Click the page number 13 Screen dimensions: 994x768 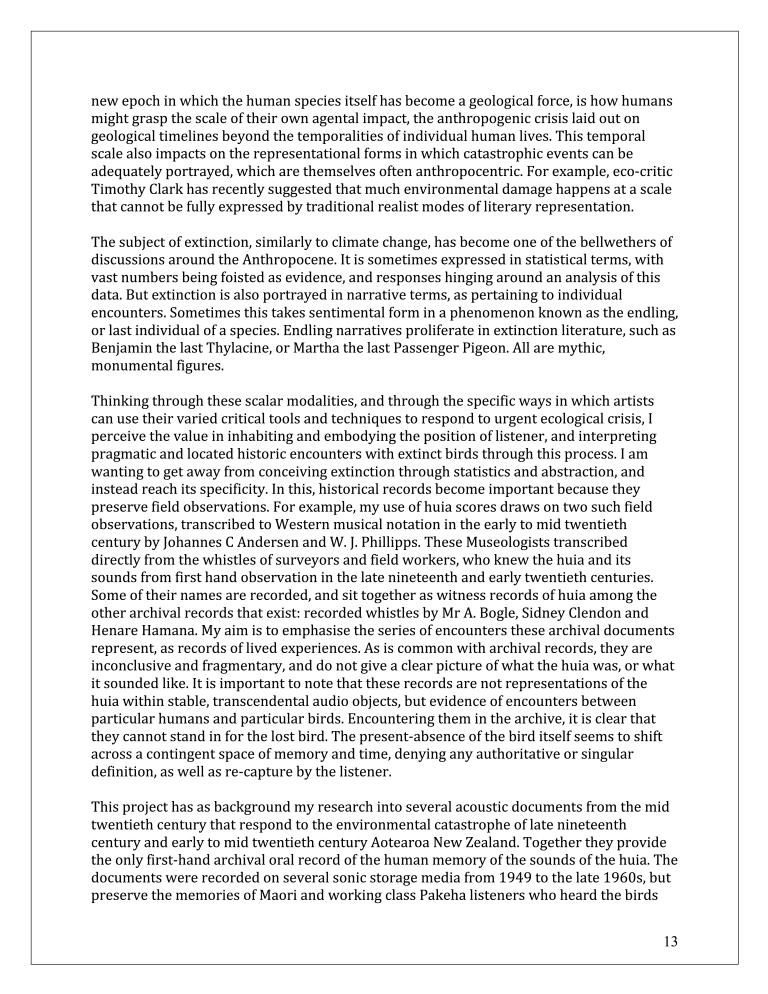click(670, 941)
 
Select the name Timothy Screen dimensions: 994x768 click(120, 190)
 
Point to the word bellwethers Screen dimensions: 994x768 click(621, 243)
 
